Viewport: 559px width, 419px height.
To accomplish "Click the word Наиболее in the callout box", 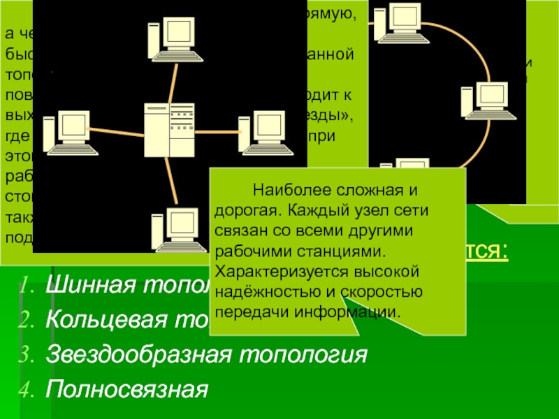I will (284, 189).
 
